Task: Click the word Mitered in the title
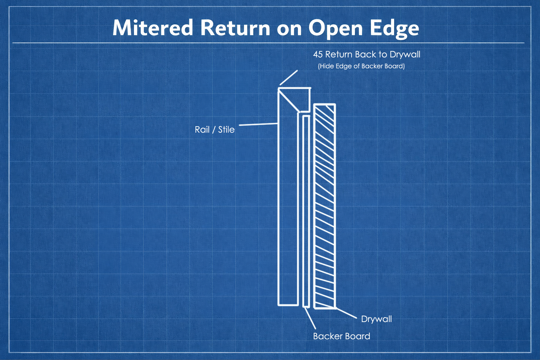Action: pos(153,28)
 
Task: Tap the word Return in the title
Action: pos(235,28)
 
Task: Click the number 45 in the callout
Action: pos(318,54)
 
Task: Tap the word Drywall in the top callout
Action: pos(405,54)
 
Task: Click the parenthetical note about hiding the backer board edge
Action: pos(361,66)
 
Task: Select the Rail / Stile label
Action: pos(214,130)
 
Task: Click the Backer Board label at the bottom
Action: pos(341,336)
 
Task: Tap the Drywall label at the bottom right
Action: pos(376,319)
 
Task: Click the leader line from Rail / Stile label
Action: pos(258,124)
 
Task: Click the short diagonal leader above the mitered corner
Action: pos(289,78)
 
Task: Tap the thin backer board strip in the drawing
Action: pos(306,211)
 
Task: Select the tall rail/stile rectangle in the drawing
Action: pos(288,211)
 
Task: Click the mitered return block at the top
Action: pos(301,96)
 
